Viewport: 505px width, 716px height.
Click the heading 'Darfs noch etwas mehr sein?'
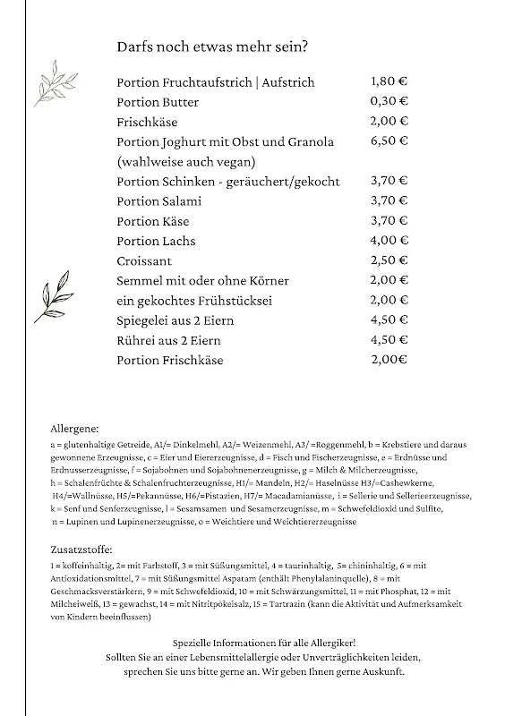(219, 46)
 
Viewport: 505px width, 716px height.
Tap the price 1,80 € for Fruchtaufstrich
(389, 81)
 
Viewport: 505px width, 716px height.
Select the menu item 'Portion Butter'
(158, 102)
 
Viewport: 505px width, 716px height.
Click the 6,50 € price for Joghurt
(389, 141)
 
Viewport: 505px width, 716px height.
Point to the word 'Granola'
(307, 141)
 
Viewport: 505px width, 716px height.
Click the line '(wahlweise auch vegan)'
(186, 161)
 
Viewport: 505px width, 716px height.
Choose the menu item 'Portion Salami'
(158, 201)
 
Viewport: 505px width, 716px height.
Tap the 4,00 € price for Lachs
(389, 241)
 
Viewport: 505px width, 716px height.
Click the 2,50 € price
(389, 260)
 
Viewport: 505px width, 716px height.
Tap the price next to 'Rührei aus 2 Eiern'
(389, 341)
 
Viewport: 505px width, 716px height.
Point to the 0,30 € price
(389, 102)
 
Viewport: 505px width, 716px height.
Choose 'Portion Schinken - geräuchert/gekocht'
(228, 182)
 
